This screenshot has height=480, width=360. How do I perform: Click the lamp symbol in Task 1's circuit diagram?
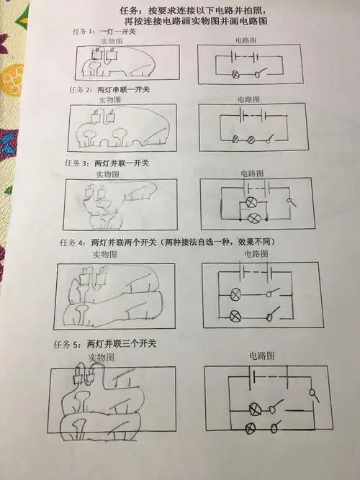[x=235, y=74]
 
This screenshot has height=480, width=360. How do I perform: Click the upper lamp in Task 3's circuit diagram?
[x=252, y=202]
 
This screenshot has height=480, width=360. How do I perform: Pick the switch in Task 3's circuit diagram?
[x=292, y=204]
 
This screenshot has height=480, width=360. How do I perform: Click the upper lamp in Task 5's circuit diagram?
[x=254, y=409]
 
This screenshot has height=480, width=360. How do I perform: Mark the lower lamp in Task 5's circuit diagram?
[x=250, y=429]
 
